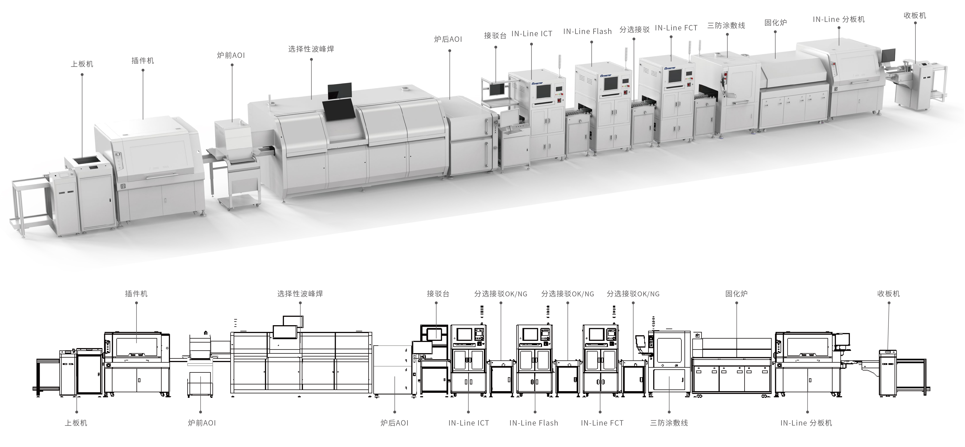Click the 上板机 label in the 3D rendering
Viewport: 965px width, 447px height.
pos(82,64)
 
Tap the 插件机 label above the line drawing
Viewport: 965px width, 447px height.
pos(136,294)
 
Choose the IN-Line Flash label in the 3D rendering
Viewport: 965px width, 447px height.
pos(587,32)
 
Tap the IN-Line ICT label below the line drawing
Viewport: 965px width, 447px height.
pos(469,423)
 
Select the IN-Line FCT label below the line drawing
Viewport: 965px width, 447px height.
pos(602,423)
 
